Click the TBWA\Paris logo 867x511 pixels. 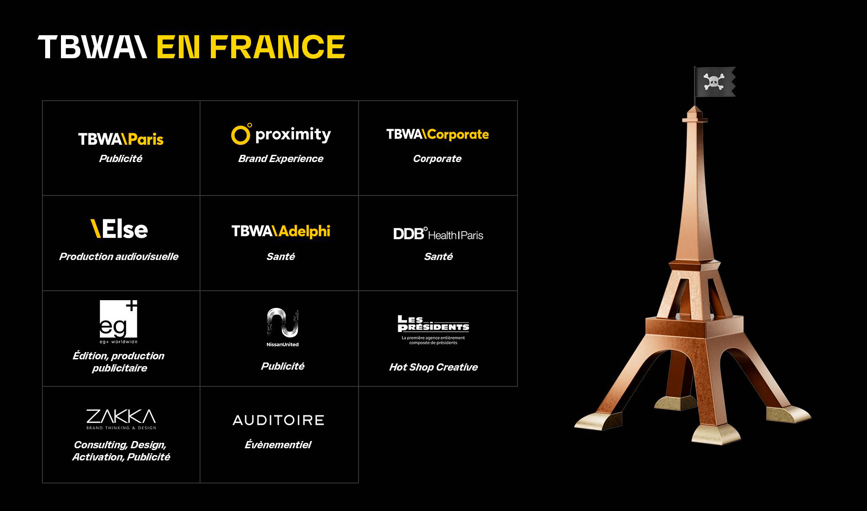point(121,139)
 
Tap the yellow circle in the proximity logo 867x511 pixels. point(240,135)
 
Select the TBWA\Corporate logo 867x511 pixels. point(438,134)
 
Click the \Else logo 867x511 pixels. point(119,228)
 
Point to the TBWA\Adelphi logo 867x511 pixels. point(281,231)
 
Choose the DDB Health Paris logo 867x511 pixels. point(438,234)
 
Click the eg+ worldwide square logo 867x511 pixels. point(118,319)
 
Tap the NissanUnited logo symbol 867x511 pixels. point(283,322)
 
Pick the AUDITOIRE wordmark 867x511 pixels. point(279,420)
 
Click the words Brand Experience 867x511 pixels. point(281,159)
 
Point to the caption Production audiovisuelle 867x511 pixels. point(119,256)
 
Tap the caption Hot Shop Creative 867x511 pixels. point(433,367)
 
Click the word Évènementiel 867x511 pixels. point(278,445)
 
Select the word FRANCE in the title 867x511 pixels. point(277,47)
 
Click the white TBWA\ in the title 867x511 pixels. point(93,47)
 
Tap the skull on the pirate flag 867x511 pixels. point(713,82)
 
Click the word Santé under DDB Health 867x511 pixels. point(438,256)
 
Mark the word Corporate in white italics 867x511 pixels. point(437,159)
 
